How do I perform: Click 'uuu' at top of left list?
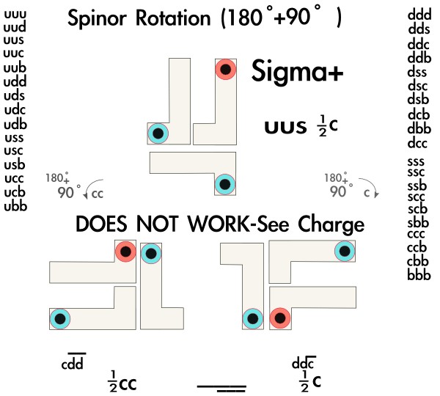tap(15, 13)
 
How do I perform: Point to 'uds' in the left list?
tap(15, 96)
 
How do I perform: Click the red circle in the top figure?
tap(226, 70)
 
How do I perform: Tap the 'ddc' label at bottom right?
tap(303, 362)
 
